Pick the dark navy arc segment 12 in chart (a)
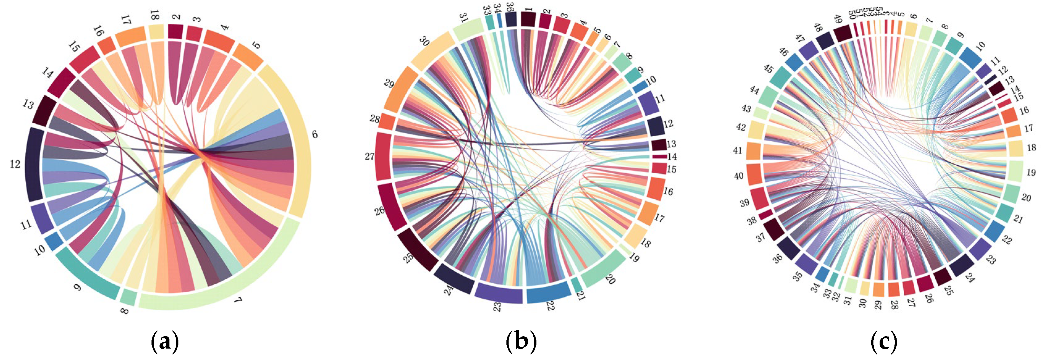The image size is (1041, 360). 33,165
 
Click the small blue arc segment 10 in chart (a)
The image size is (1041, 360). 53,241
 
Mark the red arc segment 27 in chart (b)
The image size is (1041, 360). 383,157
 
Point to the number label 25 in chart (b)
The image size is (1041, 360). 408,257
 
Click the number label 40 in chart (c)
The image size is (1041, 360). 739,176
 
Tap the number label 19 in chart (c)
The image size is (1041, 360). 1031,172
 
